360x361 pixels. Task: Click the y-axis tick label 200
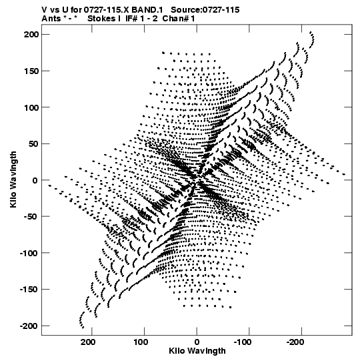pyautogui.click(x=31, y=35)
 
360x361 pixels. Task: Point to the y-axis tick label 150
pyautogui.click(x=31, y=71)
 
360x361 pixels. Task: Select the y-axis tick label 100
pyautogui.click(x=31, y=107)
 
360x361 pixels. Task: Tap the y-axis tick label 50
pyautogui.click(x=33, y=144)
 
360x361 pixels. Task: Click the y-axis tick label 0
pyautogui.click(x=35, y=180)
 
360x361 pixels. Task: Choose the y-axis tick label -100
pyautogui.click(x=29, y=253)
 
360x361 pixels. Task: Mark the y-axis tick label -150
pyautogui.click(x=29, y=290)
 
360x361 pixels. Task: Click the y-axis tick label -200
pyautogui.click(x=29, y=326)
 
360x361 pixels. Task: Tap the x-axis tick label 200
pyautogui.click(x=88, y=342)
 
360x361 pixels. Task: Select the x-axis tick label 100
pyautogui.click(x=141, y=342)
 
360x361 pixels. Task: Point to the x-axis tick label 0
pyautogui.click(x=197, y=342)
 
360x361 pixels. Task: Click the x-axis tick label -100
pyautogui.click(x=243, y=342)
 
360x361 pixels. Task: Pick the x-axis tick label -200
pyautogui.click(x=295, y=342)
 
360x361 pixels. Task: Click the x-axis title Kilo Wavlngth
pyautogui.click(x=197, y=351)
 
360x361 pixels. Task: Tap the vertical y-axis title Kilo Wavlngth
pyautogui.click(x=13, y=179)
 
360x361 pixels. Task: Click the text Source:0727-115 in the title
pyautogui.click(x=205, y=10)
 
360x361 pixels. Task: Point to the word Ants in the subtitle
pyautogui.click(x=51, y=19)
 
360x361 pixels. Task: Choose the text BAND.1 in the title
pyautogui.click(x=147, y=10)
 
